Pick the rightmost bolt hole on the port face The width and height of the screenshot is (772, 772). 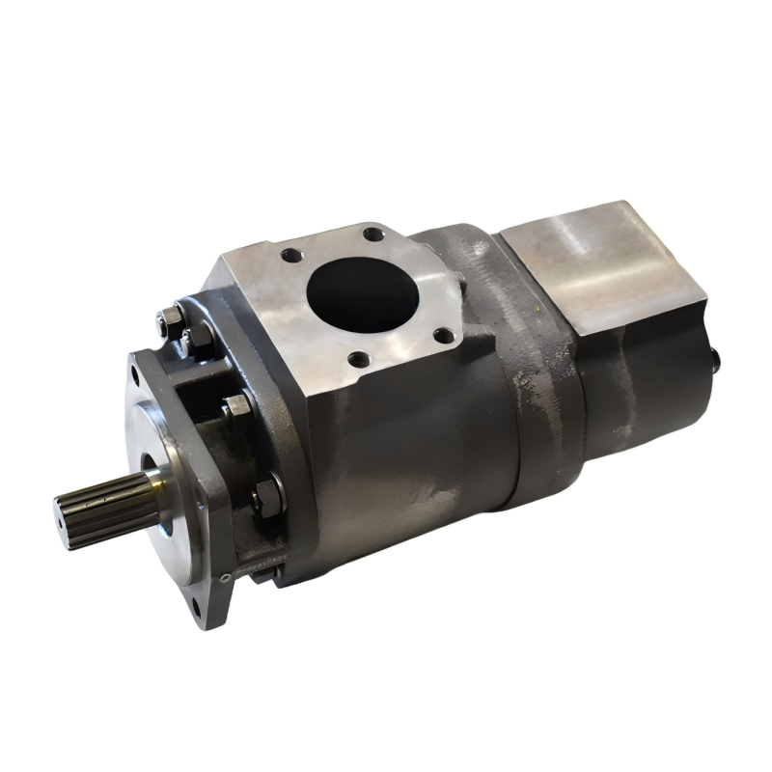[x=443, y=336]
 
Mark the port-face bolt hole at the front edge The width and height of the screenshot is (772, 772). [x=357, y=361]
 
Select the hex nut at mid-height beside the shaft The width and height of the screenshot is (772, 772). [x=237, y=406]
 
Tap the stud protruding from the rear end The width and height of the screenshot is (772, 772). [x=716, y=359]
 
